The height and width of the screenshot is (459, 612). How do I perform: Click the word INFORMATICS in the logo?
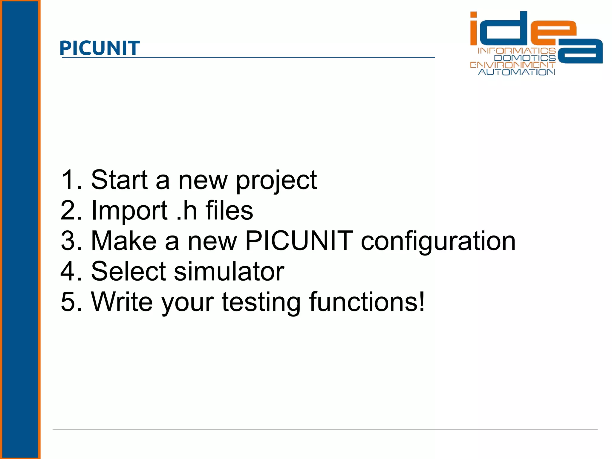(x=517, y=51)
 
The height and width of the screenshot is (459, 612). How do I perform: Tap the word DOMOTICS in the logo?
(x=525, y=58)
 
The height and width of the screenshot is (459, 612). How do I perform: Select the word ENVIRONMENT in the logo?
(x=512, y=65)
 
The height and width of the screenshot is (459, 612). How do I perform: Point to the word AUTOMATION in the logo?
(x=517, y=72)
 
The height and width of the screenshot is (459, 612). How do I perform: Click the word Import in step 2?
(x=129, y=211)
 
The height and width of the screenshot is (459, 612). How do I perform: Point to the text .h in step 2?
(x=186, y=210)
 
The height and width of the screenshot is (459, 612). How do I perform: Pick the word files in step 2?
(x=229, y=210)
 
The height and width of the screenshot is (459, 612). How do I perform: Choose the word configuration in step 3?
(x=438, y=241)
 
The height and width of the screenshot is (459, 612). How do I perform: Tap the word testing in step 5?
(x=261, y=303)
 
